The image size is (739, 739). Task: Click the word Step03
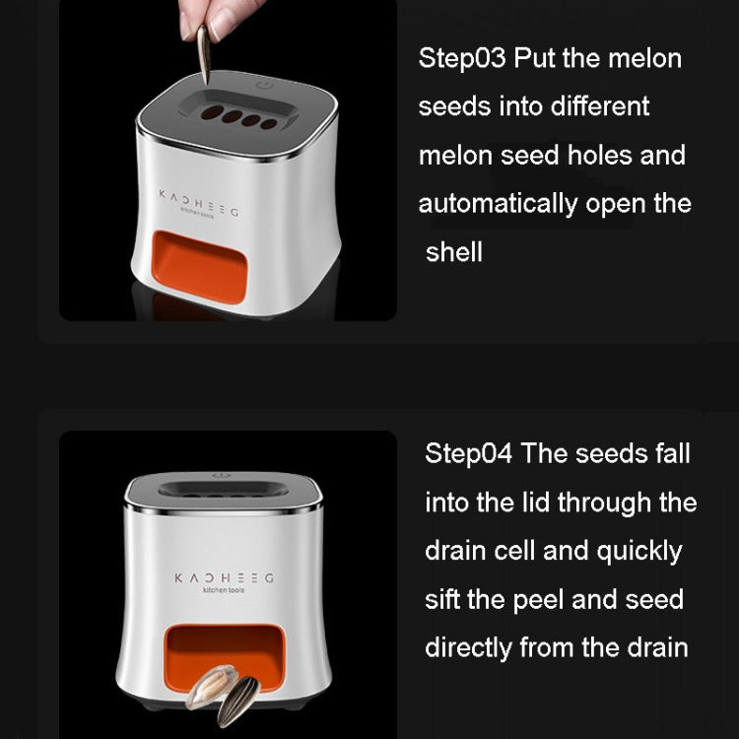[461, 57]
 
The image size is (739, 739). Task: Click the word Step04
[468, 453]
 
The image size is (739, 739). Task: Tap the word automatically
[498, 204]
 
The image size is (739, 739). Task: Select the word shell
[454, 252]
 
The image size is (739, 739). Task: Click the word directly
[468, 647]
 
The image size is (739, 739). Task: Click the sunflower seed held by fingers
[205, 55]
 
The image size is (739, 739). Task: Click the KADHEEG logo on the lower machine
[224, 577]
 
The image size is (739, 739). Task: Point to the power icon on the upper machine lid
[263, 87]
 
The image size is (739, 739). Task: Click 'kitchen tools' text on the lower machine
[223, 590]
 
